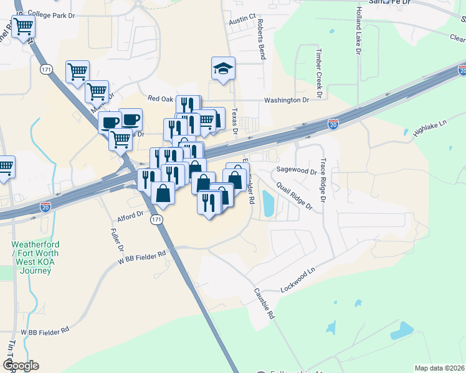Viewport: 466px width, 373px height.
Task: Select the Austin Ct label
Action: coord(242,20)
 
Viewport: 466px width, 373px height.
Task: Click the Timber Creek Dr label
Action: coord(319,73)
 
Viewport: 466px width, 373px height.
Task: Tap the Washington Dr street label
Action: coord(286,100)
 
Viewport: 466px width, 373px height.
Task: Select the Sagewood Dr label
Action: coord(297,170)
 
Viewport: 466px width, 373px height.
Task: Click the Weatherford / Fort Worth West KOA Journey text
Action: coord(35,254)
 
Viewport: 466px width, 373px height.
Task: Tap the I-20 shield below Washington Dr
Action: coord(333,125)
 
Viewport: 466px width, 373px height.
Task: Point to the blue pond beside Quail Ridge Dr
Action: coord(269,203)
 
